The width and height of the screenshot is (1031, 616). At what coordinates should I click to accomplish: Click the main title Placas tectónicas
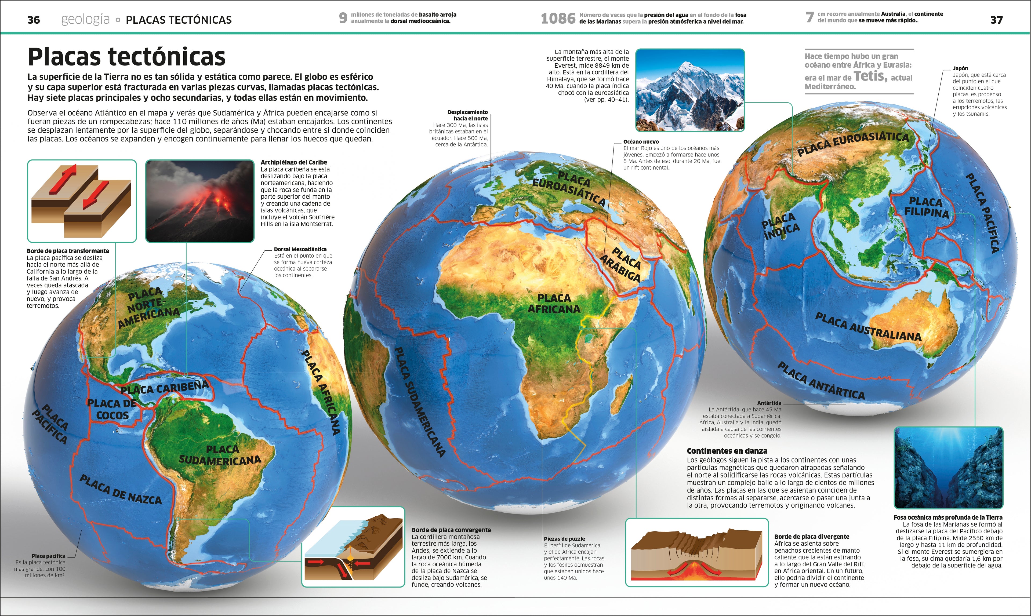pos(127,57)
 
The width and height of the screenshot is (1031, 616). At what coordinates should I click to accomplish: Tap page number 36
pos(34,20)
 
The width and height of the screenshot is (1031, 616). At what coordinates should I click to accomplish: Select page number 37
pos(996,20)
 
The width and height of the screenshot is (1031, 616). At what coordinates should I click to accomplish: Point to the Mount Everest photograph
pos(690,90)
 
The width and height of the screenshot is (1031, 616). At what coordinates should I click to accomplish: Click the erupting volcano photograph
pos(200,201)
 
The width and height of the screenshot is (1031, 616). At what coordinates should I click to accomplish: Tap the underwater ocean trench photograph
pos(948,468)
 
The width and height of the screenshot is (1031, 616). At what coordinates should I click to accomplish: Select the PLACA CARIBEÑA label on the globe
pos(164,387)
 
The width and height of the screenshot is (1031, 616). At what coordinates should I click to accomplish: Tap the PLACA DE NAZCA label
pos(120,490)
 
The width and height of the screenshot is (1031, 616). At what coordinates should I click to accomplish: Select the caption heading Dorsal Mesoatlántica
pos(300,249)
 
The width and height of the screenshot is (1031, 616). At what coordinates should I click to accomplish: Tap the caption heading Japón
pos(960,68)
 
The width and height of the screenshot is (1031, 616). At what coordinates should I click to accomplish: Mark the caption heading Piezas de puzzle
pos(564,539)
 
